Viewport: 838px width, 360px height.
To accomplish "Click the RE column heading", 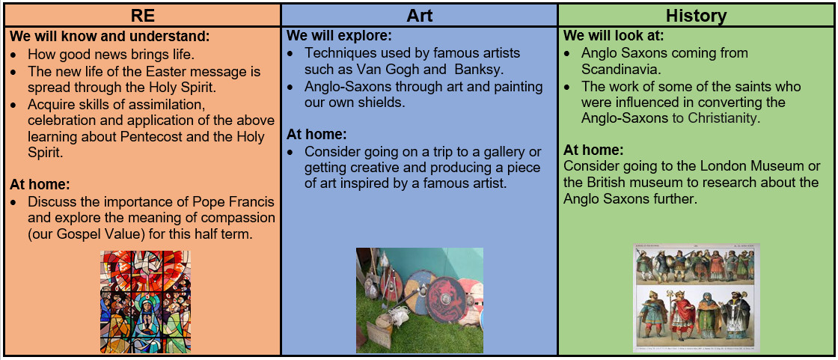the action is [x=142, y=16].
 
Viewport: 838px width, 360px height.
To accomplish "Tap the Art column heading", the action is [x=420, y=16].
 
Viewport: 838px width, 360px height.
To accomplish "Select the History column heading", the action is [x=696, y=16].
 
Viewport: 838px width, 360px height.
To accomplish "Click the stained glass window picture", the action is [x=145, y=302].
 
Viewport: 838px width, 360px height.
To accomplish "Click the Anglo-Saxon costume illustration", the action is [x=697, y=298].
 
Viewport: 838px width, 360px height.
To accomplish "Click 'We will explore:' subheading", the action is [x=340, y=37].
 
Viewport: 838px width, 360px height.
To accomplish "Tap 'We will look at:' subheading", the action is [x=614, y=37].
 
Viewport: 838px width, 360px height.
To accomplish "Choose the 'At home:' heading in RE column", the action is [x=40, y=186].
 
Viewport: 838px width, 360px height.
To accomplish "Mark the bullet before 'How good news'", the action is [x=15, y=55].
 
